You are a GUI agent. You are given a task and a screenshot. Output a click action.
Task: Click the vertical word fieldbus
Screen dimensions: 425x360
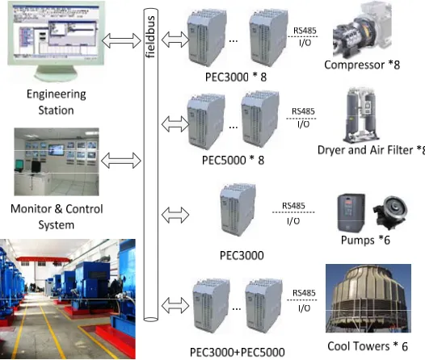pyautogui.click(x=151, y=37)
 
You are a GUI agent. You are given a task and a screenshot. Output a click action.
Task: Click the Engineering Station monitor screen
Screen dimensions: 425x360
pyautogui.click(x=56, y=33)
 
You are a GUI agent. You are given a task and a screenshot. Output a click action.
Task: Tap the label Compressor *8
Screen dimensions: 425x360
pyautogui.click(x=362, y=65)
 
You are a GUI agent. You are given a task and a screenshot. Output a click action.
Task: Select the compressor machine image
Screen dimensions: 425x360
pyautogui.click(x=362, y=30)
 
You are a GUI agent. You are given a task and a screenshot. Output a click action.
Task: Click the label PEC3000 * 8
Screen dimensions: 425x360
pyautogui.click(x=236, y=77)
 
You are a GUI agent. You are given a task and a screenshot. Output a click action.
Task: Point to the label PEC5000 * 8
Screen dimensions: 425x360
pyautogui.click(x=233, y=161)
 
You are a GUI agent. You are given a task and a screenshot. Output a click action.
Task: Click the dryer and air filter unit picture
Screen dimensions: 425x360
pyautogui.click(x=361, y=115)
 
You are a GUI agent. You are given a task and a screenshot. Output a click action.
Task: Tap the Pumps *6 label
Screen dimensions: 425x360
pyautogui.click(x=365, y=240)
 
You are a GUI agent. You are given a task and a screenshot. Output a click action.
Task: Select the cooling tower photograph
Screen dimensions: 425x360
pyautogui.click(x=368, y=299)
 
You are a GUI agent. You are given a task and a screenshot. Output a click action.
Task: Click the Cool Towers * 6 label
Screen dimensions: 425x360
pyautogui.click(x=368, y=346)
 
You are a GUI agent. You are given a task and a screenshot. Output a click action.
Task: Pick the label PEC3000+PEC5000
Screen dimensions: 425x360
pyautogui.click(x=238, y=352)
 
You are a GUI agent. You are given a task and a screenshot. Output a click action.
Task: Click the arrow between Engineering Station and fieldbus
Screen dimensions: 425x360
pyautogui.click(x=121, y=40)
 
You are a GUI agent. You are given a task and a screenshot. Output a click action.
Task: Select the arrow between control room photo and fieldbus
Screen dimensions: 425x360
pyautogui.click(x=121, y=161)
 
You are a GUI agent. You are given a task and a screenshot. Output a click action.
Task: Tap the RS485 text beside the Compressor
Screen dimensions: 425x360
pyautogui.click(x=305, y=31)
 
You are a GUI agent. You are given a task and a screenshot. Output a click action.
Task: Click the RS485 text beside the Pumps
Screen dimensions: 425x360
pyautogui.click(x=293, y=206)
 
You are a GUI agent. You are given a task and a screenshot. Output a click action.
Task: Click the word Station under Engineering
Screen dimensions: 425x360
pyautogui.click(x=56, y=111)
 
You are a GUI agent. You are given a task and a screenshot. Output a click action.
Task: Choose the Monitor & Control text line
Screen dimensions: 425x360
pyautogui.click(x=57, y=209)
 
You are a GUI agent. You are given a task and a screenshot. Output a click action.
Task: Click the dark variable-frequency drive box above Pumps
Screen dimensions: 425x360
pyautogui.click(x=351, y=213)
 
